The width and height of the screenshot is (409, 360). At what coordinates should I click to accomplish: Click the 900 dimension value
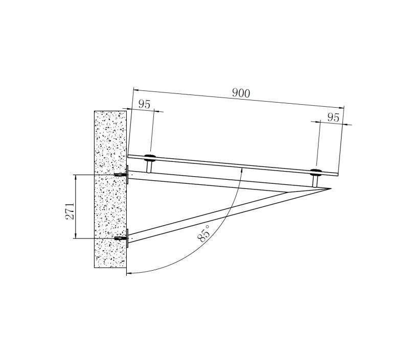pyautogui.click(x=241, y=93)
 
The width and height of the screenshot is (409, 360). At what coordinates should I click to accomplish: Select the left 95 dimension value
pyautogui.click(x=144, y=104)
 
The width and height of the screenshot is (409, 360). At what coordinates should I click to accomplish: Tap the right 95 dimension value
pyautogui.click(x=333, y=118)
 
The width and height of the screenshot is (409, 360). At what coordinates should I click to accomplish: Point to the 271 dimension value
pyautogui.click(x=70, y=211)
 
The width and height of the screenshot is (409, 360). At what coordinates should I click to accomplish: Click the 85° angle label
pyautogui.click(x=203, y=234)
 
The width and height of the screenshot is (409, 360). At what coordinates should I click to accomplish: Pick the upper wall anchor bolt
pyautogui.click(x=120, y=175)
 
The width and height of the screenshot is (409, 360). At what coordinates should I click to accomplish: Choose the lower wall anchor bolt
pyautogui.click(x=120, y=238)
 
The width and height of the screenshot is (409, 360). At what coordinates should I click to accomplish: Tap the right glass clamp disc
pyautogui.click(x=316, y=172)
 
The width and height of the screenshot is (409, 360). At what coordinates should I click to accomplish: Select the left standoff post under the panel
pyautogui.click(x=149, y=166)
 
